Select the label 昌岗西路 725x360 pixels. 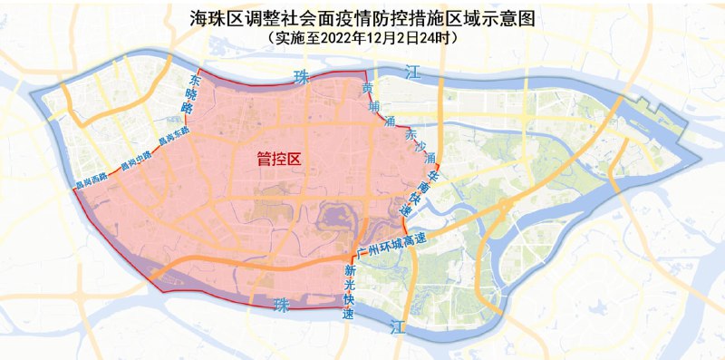pyautogui.click(x=91, y=182)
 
